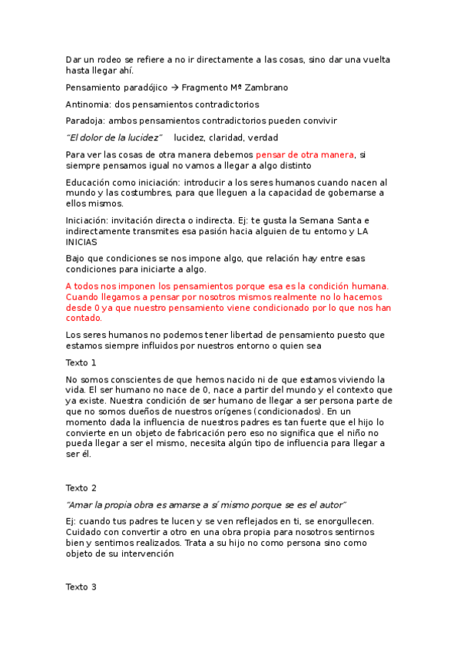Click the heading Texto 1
pos(81,362)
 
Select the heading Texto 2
pos(81,487)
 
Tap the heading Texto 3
pos(81,587)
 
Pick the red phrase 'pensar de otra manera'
pos(305,154)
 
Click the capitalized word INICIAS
pos(81,241)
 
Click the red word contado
pos(83,318)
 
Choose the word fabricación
pos(189,432)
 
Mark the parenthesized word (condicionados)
pos(273,411)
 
